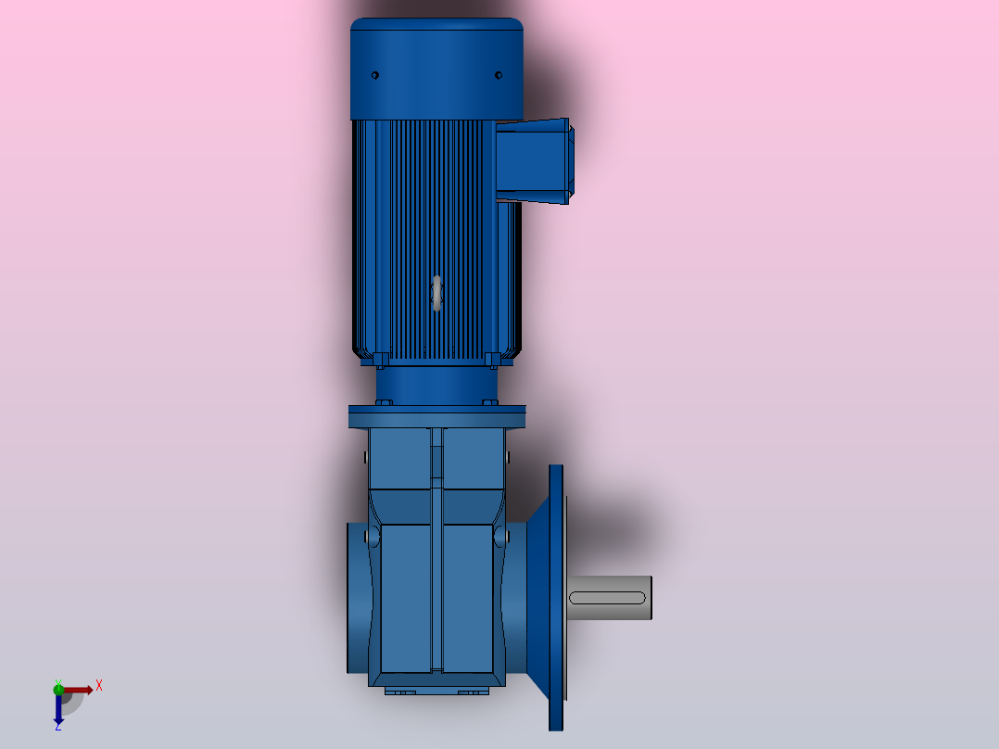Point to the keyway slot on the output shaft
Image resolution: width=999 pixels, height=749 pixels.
coord(607,598)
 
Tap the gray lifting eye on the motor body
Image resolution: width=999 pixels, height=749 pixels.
coord(436,293)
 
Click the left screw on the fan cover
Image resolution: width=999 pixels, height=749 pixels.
coord(375,75)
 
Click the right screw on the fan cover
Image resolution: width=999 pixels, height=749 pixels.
coord(499,75)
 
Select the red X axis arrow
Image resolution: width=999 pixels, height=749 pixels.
coord(78,690)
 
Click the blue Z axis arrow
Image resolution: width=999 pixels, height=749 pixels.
coord(58,710)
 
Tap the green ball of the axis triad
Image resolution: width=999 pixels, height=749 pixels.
coord(58,689)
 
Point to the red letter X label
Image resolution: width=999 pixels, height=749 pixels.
coord(99,686)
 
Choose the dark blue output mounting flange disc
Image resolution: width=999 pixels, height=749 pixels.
coord(556,598)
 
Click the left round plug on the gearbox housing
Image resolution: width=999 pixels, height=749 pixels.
coord(373,537)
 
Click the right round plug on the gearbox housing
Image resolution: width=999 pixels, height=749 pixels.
coord(500,537)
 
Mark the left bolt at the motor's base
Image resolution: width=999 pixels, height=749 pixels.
coord(380,359)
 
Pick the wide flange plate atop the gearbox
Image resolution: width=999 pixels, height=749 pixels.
coord(436,416)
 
